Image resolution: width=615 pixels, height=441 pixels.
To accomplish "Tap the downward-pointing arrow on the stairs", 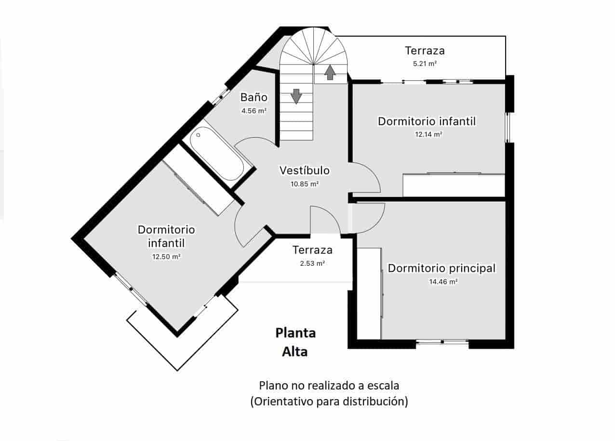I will pyautogui.click(x=296, y=96).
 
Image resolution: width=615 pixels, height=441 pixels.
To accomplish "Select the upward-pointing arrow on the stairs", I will pyautogui.click(x=330, y=72).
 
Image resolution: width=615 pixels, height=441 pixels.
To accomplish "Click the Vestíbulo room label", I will pyautogui.click(x=305, y=170).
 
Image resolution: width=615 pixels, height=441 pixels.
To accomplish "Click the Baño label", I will pyautogui.click(x=254, y=97).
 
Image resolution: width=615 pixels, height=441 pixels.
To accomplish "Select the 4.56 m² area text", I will pyautogui.click(x=254, y=111).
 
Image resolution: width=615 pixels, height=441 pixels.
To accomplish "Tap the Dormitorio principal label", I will pyautogui.click(x=441, y=268).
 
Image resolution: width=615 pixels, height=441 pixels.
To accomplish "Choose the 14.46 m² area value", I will pyautogui.click(x=443, y=282).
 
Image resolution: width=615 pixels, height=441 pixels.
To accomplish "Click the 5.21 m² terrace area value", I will pyautogui.click(x=424, y=63).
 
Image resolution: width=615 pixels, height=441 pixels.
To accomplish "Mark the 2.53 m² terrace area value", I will pyautogui.click(x=312, y=263).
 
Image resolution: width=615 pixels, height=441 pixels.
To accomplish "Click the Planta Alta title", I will pyautogui.click(x=295, y=342).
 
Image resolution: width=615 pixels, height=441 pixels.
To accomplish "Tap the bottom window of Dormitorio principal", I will pyautogui.click(x=442, y=342).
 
